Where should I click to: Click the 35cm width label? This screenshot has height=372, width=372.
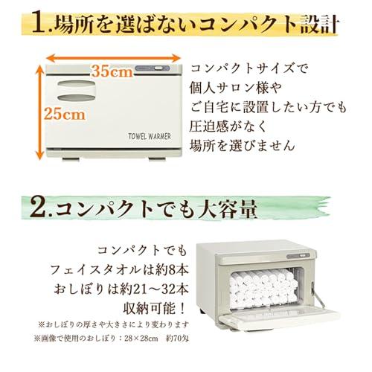tap(113, 71)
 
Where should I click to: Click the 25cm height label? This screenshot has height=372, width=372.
tap(65, 115)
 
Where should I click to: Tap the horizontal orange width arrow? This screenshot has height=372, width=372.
tap(113, 59)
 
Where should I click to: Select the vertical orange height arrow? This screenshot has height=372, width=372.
tap(39, 112)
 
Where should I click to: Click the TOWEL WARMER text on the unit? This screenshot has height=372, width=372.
tap(150, 136)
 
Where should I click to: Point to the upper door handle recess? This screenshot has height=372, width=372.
tap(77, 84)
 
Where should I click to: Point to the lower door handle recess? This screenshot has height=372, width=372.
tap(77, 98)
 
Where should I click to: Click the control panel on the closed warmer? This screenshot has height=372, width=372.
tap(153, 68)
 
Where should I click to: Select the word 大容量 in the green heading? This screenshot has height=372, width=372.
tap(227, 209)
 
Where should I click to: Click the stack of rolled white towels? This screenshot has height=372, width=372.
tap(263, 288)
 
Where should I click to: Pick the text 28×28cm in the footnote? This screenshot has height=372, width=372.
tap(141, 339)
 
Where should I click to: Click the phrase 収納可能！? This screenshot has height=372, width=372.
tap(154, 309)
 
